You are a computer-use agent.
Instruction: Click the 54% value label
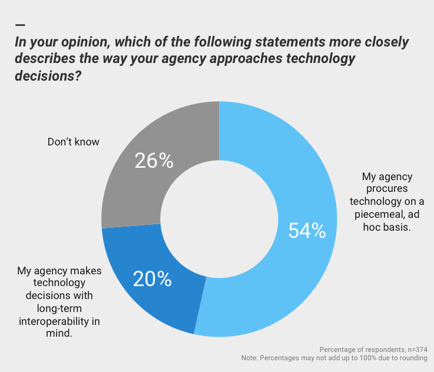(307, 231)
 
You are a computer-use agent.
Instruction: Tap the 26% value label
(154, 160)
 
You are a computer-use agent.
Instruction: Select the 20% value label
(152, 278)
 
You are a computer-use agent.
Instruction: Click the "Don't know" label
(73, 142)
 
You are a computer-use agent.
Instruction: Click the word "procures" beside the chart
(385, 189)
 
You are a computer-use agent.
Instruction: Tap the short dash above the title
(20, 25)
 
